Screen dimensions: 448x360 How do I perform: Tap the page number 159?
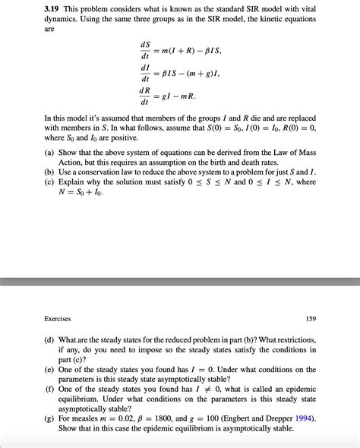click(x=311, y=319)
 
